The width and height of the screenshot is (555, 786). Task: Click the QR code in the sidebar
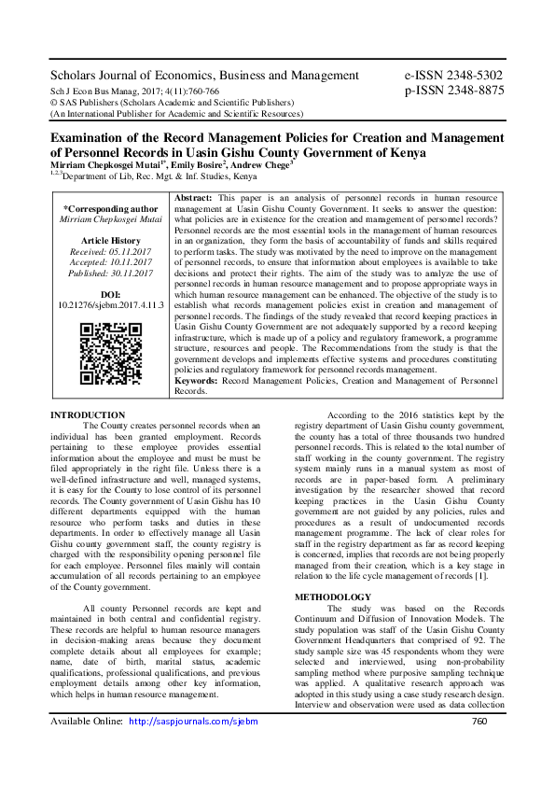click(110, 355)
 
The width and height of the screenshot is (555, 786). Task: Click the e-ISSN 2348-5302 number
click(453, 75)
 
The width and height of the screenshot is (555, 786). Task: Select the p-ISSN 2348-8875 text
click(453, 91)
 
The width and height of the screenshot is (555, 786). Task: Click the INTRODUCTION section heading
click(87, 414)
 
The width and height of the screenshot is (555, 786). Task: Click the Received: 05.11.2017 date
click(110, 251)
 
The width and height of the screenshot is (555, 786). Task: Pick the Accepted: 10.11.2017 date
click(110, 263)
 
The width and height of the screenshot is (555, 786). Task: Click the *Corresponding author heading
click(110, 209)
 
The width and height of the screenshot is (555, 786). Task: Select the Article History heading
click(110, 240)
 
